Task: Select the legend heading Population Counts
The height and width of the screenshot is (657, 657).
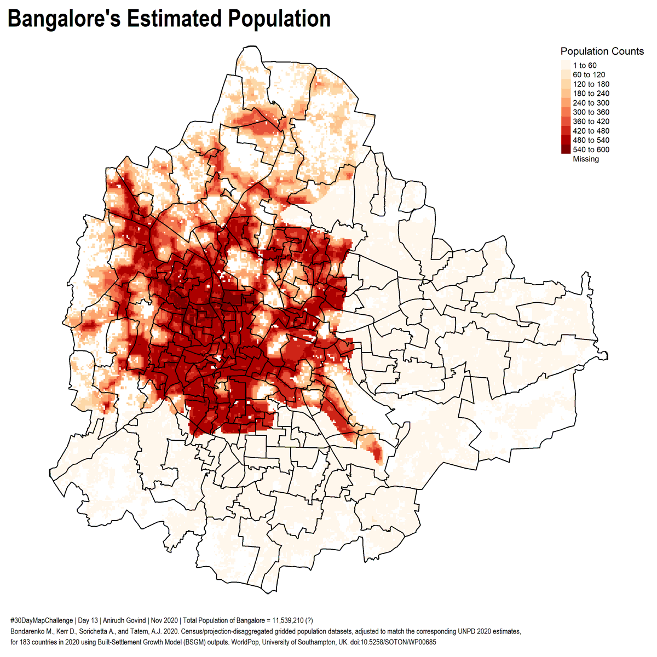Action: (602, 51)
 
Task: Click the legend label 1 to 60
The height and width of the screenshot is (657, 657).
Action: (584, 66)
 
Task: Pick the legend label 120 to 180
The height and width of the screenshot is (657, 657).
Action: (591, 84)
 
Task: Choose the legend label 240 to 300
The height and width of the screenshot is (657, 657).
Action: (591, 103)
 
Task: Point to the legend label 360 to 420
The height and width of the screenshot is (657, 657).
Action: (591, 122)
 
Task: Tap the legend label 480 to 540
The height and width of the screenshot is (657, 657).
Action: (591, 140)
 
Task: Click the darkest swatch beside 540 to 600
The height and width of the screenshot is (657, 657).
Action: (566, 149)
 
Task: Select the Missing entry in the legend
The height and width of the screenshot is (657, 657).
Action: (586, 159)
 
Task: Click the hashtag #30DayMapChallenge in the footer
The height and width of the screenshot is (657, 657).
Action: (41, 621)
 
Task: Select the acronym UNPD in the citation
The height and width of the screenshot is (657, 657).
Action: (461, 631)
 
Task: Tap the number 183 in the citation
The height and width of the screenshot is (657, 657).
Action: (25, 642)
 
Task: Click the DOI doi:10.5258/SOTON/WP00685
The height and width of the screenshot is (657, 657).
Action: (393, 642)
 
